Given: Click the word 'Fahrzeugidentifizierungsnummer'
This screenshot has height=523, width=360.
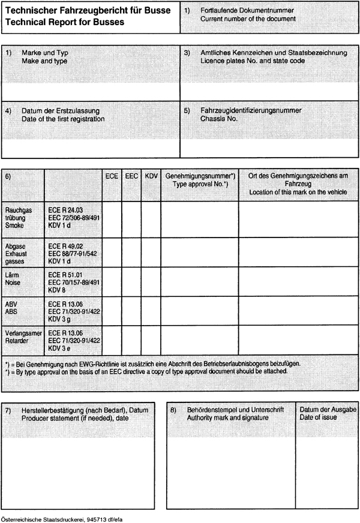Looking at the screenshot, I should (x=251, y=110).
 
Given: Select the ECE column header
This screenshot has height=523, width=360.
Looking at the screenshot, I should (x=112, y=177).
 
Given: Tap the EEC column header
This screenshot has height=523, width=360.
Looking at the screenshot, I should (x=131, y=177).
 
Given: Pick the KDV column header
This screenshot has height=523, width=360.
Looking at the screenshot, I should (x=151, y=177).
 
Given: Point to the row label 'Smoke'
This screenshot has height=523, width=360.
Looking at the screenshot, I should (x=14, y=226).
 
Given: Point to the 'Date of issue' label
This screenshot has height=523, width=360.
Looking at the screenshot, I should (x=318, y=417).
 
